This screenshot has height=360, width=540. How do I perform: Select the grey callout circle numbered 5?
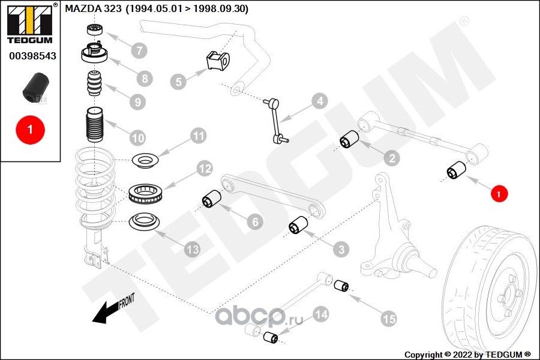(178, 81)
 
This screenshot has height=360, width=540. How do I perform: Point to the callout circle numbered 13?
(192, 249)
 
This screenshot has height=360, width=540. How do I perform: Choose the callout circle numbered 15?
(389, 319)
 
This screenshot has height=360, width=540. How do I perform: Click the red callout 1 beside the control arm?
(499, 193)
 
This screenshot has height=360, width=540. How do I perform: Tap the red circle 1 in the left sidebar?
(29, 128)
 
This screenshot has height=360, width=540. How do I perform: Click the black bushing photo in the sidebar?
(35, 87)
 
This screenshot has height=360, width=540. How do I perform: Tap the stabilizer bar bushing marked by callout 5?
(218, 61)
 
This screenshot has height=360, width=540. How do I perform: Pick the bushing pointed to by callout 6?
(211, 199)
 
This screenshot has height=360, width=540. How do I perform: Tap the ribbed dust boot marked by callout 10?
(96, 128)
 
